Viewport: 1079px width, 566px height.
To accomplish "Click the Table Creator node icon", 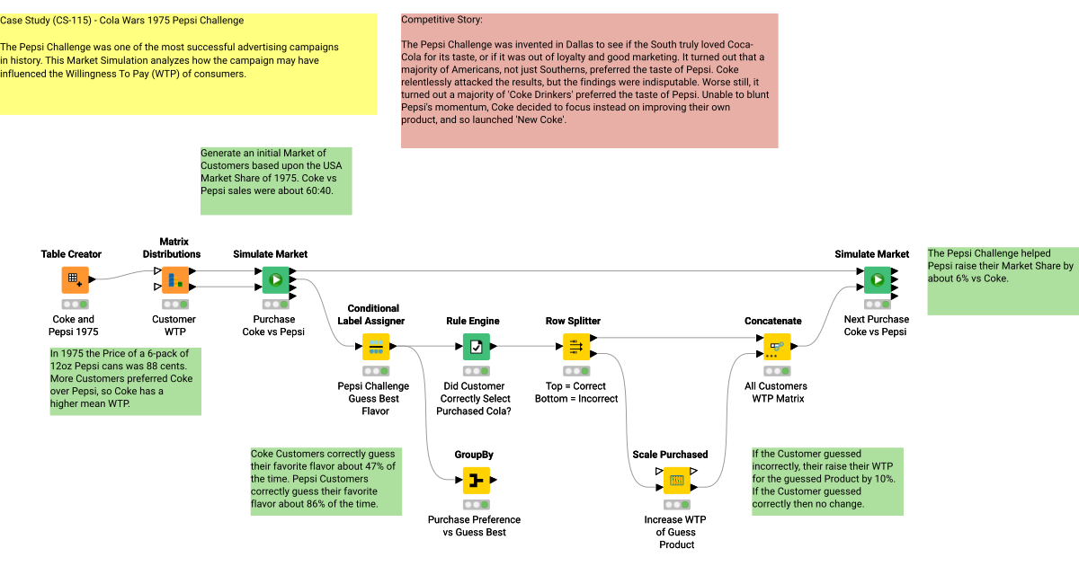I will pos(76,280).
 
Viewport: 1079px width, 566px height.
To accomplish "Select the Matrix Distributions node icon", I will pos(175,280).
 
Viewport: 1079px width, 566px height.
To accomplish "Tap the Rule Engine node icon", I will pos(477,347).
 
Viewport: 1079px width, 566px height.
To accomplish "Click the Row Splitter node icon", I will pos(576,347).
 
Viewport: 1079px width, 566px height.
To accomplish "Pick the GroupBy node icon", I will pos(477,481).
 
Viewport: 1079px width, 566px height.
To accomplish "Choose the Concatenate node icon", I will pos(777,347).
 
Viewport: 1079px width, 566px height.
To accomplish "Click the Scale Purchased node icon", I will pos(676,481).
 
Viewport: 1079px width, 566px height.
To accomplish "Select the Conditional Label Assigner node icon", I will pos(376,347).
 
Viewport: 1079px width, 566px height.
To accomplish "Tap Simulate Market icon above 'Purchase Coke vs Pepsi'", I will pos(275,280).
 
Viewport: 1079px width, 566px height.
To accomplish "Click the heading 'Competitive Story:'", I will pos(441,20).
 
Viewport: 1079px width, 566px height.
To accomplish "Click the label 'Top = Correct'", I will pos(575,386).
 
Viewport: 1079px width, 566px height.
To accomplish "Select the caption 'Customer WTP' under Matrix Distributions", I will pos(174,325).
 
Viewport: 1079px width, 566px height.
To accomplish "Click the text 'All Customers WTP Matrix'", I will pos(776,393).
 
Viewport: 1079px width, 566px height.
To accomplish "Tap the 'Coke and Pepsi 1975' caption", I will pos(74,325).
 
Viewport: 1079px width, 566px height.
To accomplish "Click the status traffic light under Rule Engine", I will pos(477,371).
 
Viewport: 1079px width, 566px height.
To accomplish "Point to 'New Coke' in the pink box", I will pos(539,119).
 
